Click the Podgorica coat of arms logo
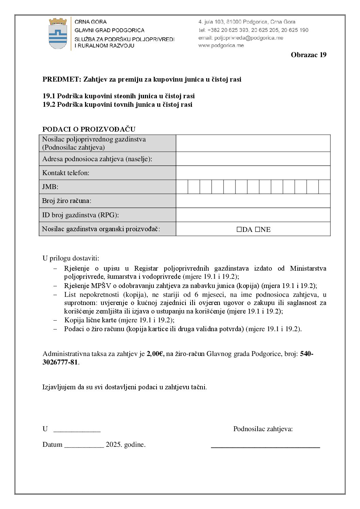[x=58, y=33]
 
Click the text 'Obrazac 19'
[x=308, y=55]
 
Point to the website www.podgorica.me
[x=221, y=46]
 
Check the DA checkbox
[x=239, y=230]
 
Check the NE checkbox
[x=258, y=230]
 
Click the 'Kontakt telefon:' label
[x=66, y=173]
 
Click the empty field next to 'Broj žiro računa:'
[x=253, y=201]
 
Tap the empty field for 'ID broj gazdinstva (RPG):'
[x=253, y=215]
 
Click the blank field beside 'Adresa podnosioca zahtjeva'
[x=253, y=159]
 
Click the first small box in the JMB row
[x=182, y=187]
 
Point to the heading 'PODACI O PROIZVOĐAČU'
[x=89, y=129]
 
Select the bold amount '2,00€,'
[x=156, y=354]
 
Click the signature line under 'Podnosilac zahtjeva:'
[x=265, y=447]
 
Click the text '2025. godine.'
[x=126, y=445]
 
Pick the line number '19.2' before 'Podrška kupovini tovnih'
[x=49, y=105]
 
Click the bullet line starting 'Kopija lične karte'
[x=119, y=320]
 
